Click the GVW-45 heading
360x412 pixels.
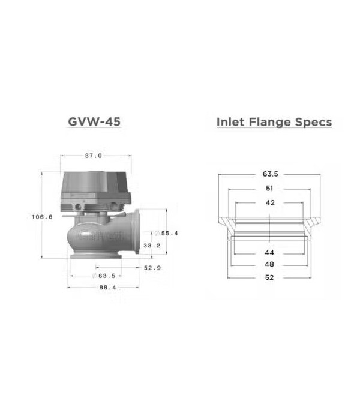[95, 122]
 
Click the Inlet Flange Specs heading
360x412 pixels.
[274, 122]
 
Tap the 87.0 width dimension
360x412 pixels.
[93, 156]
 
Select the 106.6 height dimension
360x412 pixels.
[42, 217]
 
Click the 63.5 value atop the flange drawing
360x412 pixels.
[270, 175]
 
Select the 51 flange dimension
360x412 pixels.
[270, 189]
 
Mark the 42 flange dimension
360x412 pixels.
[270, 203]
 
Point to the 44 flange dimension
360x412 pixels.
[270, 253]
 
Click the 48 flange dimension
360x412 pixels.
[270, 264]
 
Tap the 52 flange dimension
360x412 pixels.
[270, 277]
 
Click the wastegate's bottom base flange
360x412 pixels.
[95, 257]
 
